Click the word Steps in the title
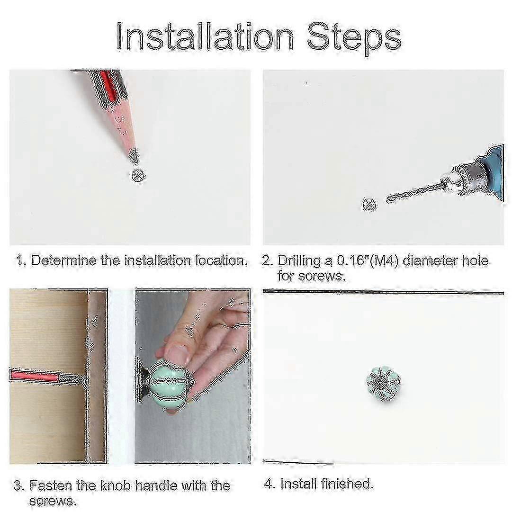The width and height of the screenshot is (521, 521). (x=354, y=39)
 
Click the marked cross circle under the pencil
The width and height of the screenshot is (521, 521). (x=137, y=175)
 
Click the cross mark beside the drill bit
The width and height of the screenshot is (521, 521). (x=369, y=205)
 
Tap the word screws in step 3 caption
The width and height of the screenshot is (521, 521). (x=52, y=501)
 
